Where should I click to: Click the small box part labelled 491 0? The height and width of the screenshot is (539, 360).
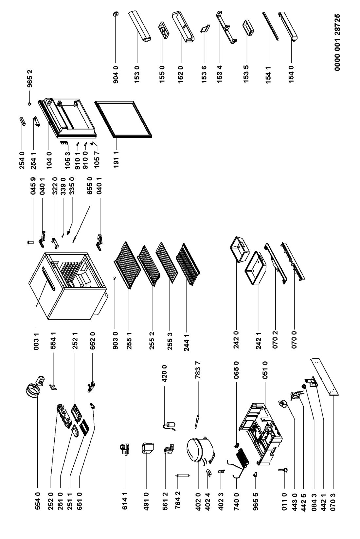click(x=146, y=448)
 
